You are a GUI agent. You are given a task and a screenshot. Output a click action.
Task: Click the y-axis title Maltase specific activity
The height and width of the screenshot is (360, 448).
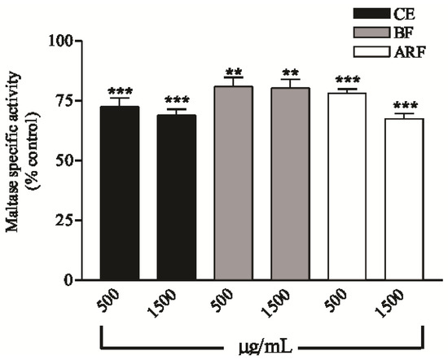point(15,160)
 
